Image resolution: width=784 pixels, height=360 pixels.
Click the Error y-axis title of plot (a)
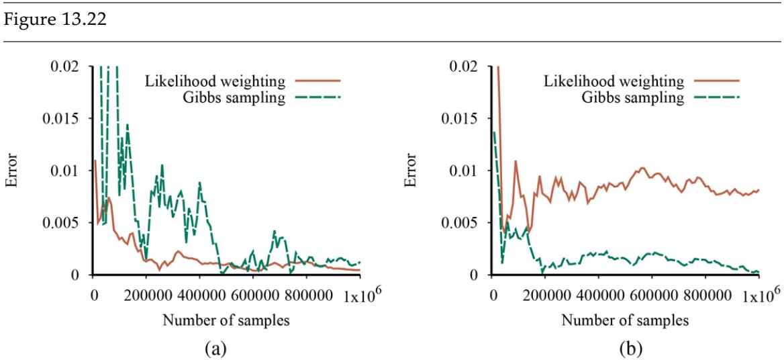[x=13, y=171]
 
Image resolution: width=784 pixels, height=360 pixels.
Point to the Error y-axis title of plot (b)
[x=411, y=171]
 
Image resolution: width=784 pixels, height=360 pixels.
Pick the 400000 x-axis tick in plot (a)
[x=200, y=294]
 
